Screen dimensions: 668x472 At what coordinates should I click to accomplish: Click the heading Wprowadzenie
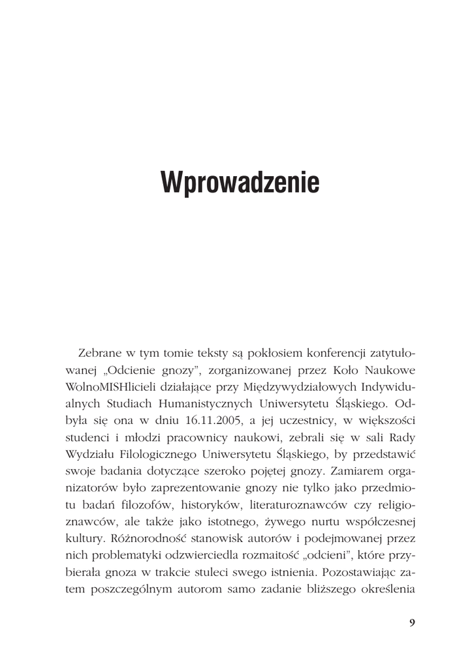(x=240, y=183)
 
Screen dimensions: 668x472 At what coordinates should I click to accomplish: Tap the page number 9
(x=411, y=622)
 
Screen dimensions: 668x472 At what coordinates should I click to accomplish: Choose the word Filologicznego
(x=161, y=455)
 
